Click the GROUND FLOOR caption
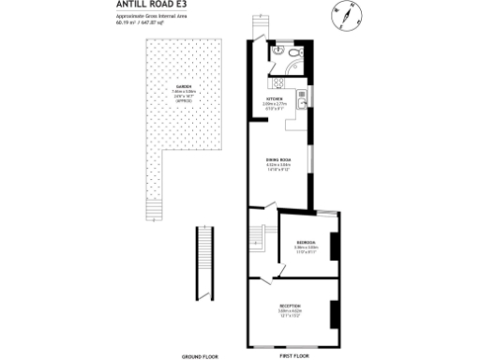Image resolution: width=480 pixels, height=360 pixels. click(200, 356)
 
